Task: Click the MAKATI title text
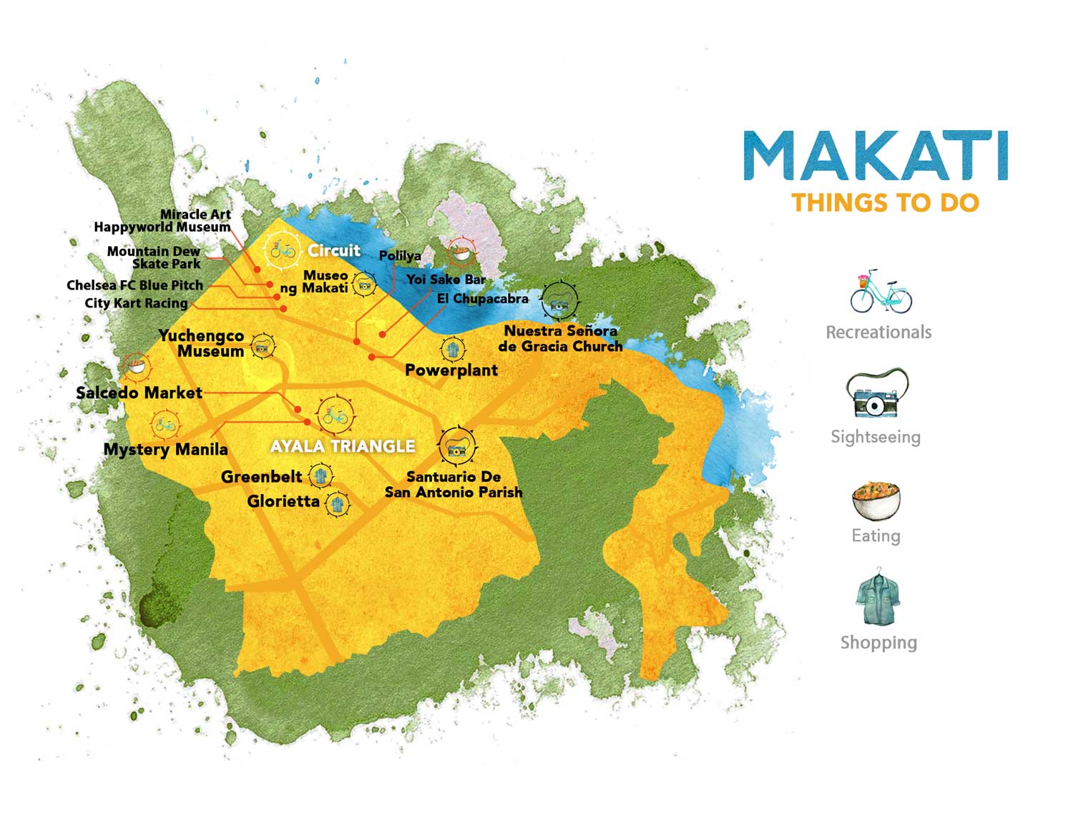pos(876,155)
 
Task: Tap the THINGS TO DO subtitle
pos(885,202)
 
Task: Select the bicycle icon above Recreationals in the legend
pos(881,292)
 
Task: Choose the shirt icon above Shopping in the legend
pos(876,598)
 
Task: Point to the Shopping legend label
pos(878,642)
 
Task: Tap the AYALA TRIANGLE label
pos(343,446)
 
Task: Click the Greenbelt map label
pos(261,477)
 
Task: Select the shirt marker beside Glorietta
pos(337,503)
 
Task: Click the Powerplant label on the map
pos(451,370)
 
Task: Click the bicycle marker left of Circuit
pos(282,250)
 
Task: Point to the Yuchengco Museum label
pos(203,343)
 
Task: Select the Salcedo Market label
pos(139,393)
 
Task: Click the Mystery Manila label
pos(165,450)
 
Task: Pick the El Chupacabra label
pos(483,298)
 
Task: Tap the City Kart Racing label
pos(136,303)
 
